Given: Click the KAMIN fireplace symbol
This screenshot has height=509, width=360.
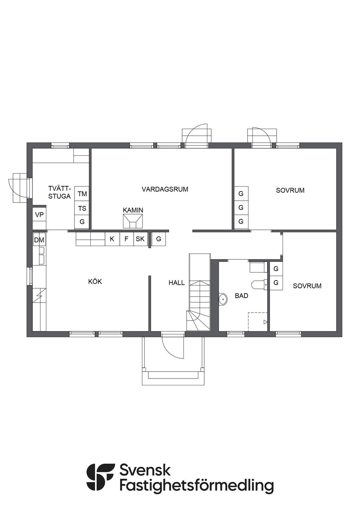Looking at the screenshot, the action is coord(133,221).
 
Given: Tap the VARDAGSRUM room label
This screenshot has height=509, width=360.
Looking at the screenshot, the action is coord(165,189).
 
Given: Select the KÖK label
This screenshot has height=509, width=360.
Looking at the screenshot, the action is coord(95,282).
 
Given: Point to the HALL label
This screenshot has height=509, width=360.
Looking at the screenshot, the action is coord(176,283).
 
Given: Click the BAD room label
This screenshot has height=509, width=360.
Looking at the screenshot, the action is coord(242,296).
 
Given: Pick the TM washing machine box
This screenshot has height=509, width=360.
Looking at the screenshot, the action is coord(82,194).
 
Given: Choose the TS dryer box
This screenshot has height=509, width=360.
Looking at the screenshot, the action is coord(82,208).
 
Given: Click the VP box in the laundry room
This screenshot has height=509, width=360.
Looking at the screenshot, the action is coord(39,214).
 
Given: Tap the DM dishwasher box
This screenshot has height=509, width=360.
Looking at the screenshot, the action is coord(39,239).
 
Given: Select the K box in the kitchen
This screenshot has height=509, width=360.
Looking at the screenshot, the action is coord(112,239).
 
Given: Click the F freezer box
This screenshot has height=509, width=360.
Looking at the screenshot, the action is coord(127,239).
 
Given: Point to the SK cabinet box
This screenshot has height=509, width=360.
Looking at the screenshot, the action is coord(140,239).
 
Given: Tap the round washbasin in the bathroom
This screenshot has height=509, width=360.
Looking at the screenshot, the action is coord(223,299).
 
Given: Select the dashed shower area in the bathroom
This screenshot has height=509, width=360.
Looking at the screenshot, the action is coord(258,321).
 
